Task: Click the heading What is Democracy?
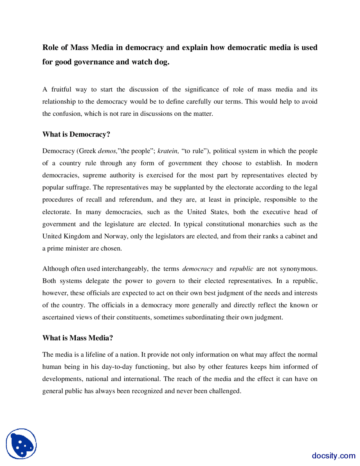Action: pos(76,135)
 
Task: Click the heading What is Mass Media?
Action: pos(78,338)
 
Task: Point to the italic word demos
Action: pos(107,151)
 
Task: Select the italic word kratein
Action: pos(168,151)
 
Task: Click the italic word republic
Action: pos(241,269)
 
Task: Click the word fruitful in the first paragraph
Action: pos(61,89)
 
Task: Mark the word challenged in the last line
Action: pos(225,391)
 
